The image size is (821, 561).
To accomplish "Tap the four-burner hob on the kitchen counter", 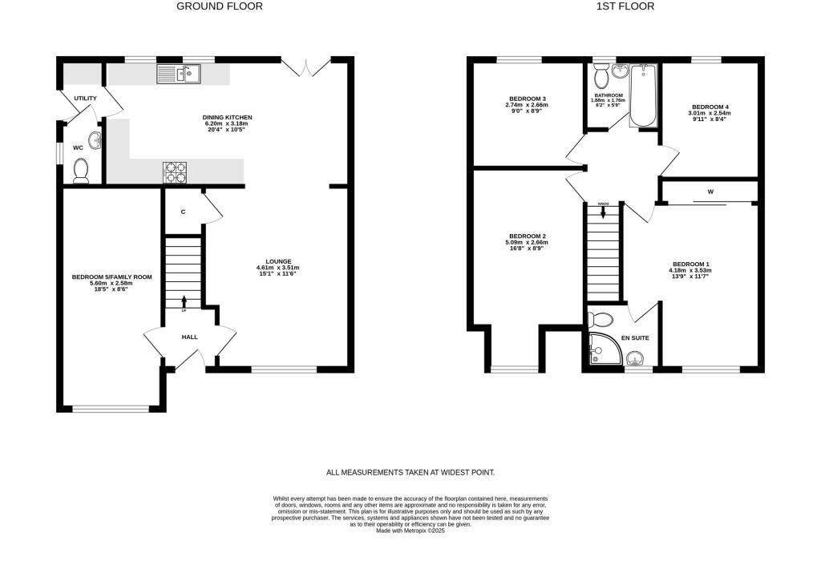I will click(x=176, y=171).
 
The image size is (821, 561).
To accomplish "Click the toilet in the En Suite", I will click(x=599, y=319).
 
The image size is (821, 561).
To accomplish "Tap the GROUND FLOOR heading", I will click(x=219, y=6).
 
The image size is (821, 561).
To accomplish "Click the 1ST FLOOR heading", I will click(x=625, y=6).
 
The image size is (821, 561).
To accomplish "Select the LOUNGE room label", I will click(x=278, y=261).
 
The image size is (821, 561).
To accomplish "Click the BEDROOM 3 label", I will click(x=526, y=99).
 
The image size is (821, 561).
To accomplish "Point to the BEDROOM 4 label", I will click(x=710, y=107).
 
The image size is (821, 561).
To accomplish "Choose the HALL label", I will click(x=189, y=337).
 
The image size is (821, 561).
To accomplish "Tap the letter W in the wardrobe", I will click(x=710, y=192).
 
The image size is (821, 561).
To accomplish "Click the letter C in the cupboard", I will click(x=184, y=212).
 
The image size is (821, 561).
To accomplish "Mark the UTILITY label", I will click(x=86, y=99).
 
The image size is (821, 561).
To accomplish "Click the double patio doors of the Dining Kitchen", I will click(x=308, y=67).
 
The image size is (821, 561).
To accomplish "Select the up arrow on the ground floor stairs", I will click(x=184, y=301).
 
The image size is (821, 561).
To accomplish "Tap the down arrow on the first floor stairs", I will click(x=603, y=212).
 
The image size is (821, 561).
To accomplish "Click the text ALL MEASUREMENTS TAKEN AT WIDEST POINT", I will click(x=410, y=472).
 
